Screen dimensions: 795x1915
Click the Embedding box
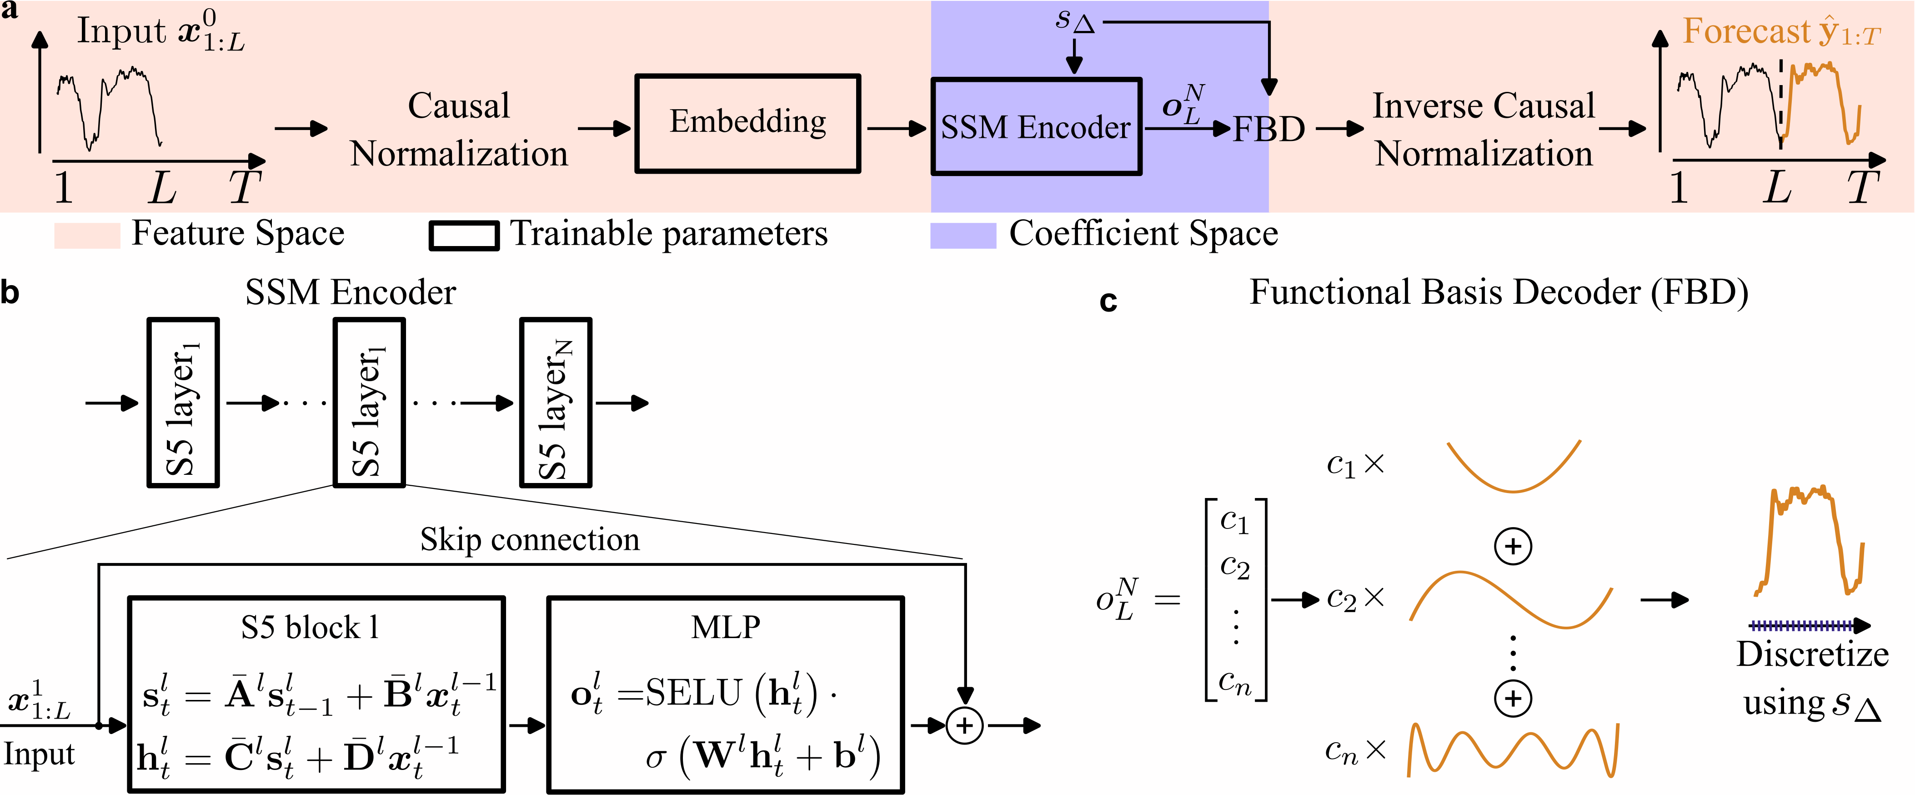tap(747, 123)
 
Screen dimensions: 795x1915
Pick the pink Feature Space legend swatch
tap(87, 235)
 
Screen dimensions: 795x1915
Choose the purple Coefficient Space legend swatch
tap(963, 235)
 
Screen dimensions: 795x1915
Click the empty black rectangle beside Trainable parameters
tap(464, 236)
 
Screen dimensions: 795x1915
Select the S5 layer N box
tap(555, 403)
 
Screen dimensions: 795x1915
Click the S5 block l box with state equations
tap(316, 694)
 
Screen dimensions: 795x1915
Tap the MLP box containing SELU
tap(725, 694)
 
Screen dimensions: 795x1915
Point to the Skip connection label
tap(529, 539)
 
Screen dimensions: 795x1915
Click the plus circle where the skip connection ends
tap(964, 725)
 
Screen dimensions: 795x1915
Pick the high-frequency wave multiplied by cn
tap(1513, 750)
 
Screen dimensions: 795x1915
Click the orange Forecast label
tap(1781, 32)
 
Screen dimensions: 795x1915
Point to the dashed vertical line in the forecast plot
tap(1780, 104)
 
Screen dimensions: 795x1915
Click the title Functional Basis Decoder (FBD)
tap(1498, 292)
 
